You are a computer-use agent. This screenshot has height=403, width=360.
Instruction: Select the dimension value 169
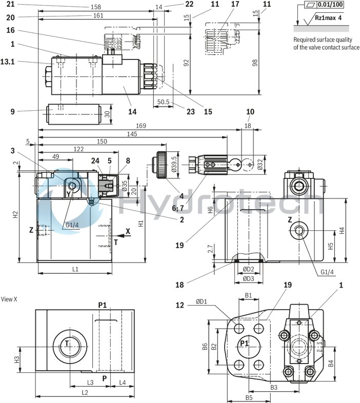coord(140,126)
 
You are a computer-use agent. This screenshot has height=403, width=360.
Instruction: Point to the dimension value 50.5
coord(163,102)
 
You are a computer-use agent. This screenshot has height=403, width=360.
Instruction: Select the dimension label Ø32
coord(260,165)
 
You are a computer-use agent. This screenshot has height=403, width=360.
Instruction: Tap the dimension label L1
coord(75,269)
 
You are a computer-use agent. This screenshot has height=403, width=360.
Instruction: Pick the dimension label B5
coord(249,397)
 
